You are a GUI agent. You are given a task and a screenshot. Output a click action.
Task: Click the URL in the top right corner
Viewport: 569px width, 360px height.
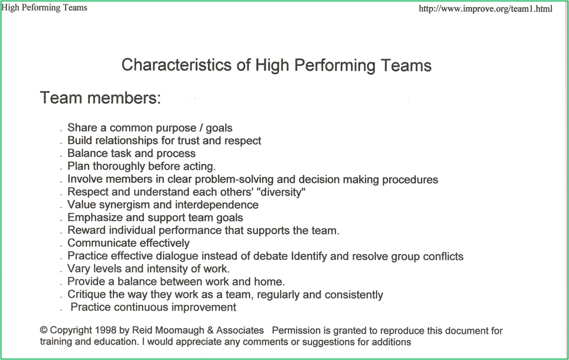(x=485, y=9)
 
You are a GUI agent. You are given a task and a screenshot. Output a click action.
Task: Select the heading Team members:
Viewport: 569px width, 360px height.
(x=100, y=98)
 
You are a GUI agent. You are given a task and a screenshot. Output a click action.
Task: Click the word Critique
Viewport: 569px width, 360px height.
(x=86, y=295)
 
